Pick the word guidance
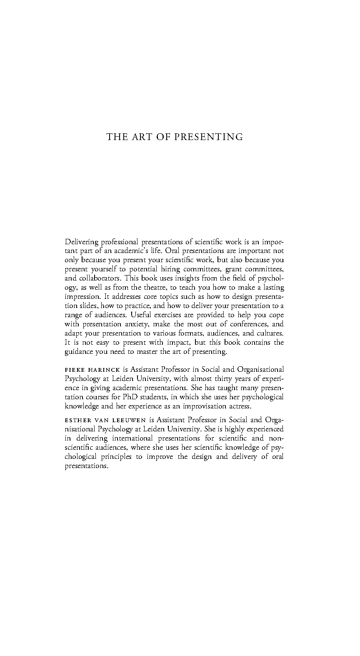(x=79, y=352)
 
